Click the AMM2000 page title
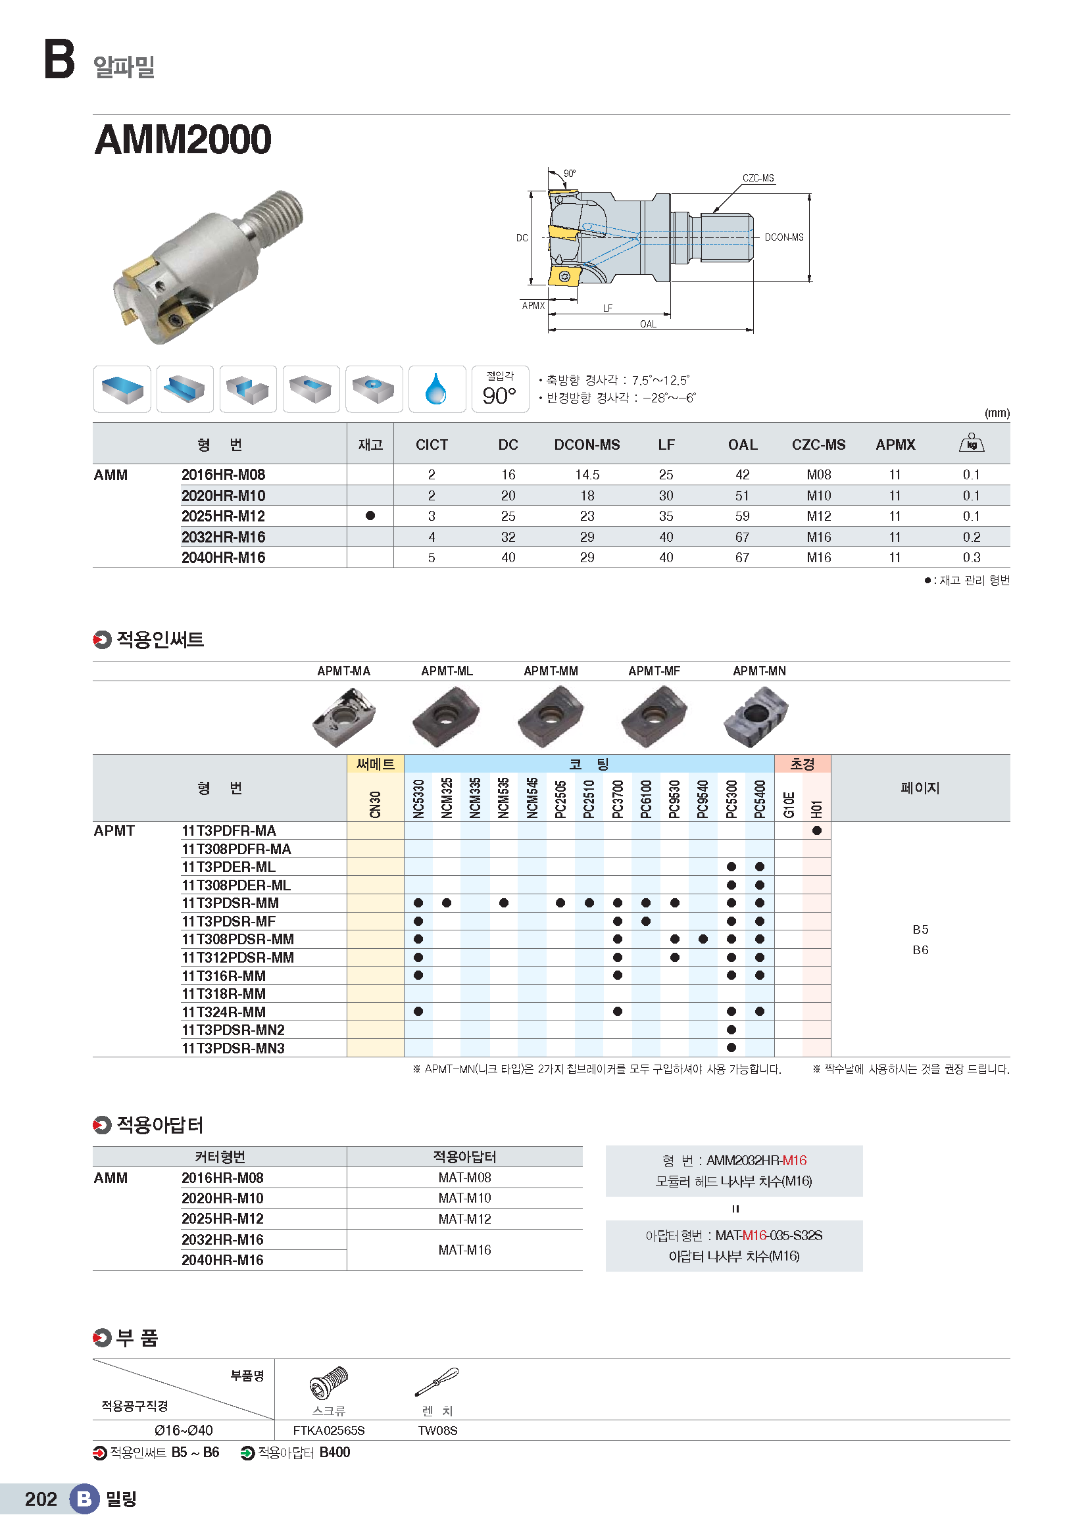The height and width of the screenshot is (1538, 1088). pos(183,139)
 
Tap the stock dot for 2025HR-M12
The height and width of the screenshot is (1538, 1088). pos(370,516)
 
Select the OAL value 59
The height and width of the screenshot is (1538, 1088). pos(742,516)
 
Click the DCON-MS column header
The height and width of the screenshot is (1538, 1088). pos(587,445)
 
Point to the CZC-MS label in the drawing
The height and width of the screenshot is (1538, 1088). pos(758,178)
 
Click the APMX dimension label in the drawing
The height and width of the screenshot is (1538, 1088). pos(533,306)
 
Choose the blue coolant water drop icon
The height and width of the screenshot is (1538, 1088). pos(436,389)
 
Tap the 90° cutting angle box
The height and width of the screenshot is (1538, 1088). pos(500,389)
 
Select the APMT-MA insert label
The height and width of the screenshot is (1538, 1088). pos(343,671)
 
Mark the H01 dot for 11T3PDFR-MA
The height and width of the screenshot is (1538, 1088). pos(817,830)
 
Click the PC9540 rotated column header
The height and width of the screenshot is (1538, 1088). pos(703,798)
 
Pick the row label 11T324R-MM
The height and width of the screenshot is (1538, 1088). pos(224,1012)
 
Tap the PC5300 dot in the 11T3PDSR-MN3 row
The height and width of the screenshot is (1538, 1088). pos(731,1047)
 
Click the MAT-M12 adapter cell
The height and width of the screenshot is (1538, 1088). pos(464,1219)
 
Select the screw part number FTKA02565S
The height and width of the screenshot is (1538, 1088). pos(329,1431)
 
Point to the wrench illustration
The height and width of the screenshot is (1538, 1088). pos(437,1382)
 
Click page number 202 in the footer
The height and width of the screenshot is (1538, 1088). pos(41,1499)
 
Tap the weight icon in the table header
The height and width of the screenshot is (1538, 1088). pos(972,443)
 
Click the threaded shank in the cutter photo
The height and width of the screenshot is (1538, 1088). pos(276,214)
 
